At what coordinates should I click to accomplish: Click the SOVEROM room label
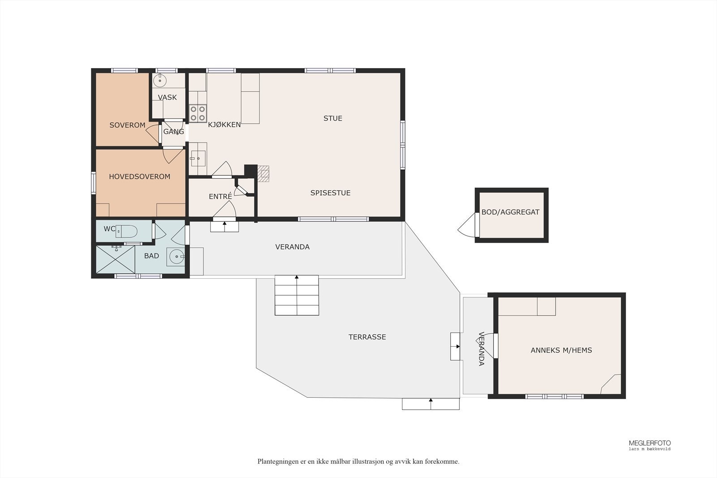[x=127, y=125]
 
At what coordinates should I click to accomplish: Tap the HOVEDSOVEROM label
[x=139, y=177]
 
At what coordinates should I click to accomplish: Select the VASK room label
[x=168, y=97]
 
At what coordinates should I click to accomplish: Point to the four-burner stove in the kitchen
[x=198, y=114]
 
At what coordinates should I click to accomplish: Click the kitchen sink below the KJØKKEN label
[x=198, y=159]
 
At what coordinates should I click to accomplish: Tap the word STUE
[x=333, y=118]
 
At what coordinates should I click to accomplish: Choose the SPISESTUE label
[x=330, y=193]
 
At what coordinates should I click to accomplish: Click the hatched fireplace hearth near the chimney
[x=263, y=174]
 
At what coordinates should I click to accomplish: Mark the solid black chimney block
[x=251, y=171]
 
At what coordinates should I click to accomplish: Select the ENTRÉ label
[x=220, y=196]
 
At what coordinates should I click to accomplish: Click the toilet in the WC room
[x=126, y=231]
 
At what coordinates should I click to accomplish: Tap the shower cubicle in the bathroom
[x=116, y=259]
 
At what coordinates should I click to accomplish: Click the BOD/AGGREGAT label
[x=510, y=212]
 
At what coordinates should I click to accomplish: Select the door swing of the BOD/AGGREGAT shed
[x=466, y=225]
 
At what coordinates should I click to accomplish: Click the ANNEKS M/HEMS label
[x=561, y=350]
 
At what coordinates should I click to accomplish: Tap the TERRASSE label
[x=367, y=337]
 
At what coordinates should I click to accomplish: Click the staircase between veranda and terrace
[x=297, y=295]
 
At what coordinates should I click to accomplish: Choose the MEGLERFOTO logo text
[x=650, y=443]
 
